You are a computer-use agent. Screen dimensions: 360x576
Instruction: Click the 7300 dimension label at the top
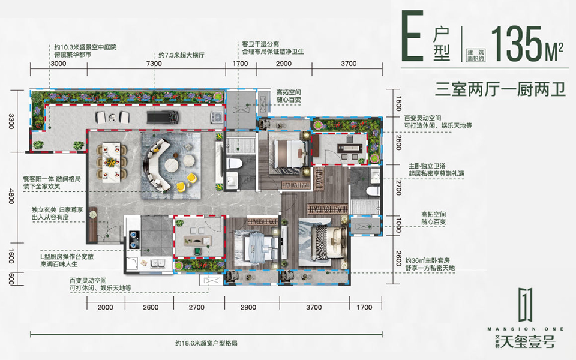(x=154, y=63)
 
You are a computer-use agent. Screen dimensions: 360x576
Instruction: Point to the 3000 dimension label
(x=58, y=63)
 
